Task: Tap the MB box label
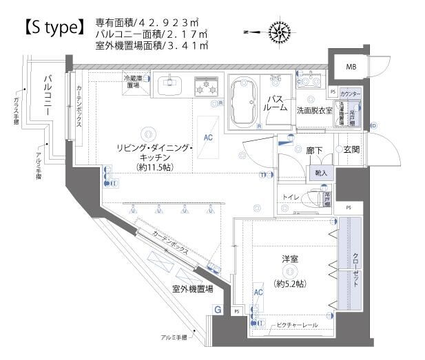351,67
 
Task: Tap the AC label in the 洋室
258,293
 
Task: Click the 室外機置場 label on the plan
192,289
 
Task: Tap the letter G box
218,310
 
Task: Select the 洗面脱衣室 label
314,110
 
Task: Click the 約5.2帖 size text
290,284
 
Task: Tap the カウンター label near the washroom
351,92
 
